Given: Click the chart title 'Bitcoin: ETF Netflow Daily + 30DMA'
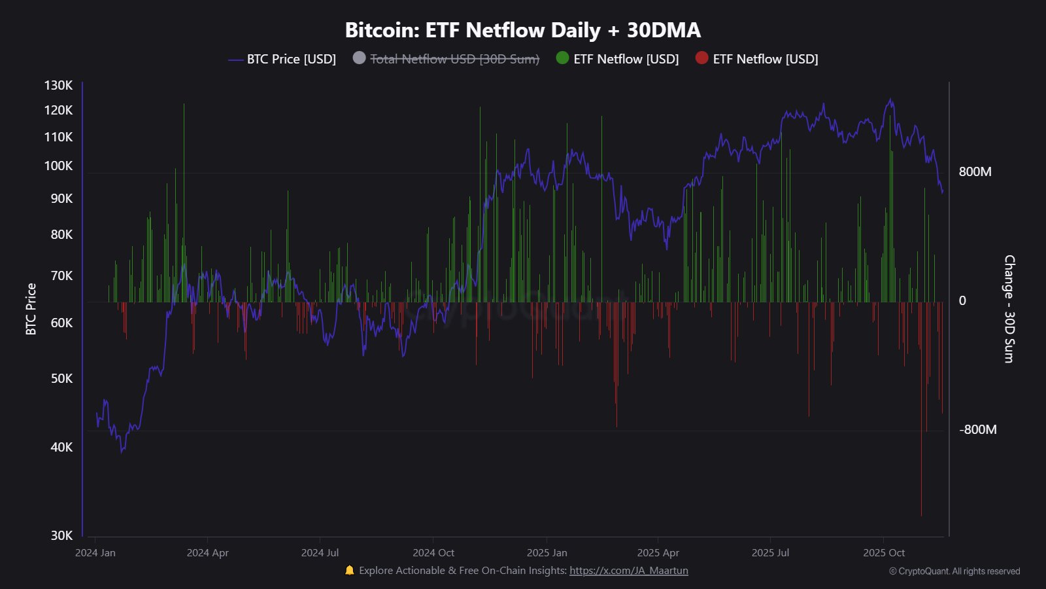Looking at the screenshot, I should pos(522,30).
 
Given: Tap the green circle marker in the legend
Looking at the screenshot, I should pos(562,58).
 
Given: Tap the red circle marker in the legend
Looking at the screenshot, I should pos(701,58).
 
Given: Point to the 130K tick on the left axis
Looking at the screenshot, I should pos(59,85).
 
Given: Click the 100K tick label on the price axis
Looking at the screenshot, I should pos(59,166).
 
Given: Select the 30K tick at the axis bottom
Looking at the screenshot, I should pos(62,535).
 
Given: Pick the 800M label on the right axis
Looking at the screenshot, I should pos(975,171).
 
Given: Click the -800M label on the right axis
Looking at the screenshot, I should pos(977,429).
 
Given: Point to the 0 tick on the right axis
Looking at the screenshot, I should pos(962,300).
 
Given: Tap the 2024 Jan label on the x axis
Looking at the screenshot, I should pos(95,552).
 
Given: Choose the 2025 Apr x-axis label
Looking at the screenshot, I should pos(658,552).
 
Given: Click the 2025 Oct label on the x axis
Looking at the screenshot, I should pos(884,552).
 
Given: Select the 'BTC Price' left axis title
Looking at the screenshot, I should pos(31,309).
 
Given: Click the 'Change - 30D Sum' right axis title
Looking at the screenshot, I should pos(1009,309).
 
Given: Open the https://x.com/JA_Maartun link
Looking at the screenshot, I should pos(628,570).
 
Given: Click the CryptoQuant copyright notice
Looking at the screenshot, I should pos(954,571).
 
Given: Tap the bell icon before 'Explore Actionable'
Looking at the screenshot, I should pos(349,570).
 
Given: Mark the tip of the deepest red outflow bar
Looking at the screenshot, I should pos(921,516).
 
